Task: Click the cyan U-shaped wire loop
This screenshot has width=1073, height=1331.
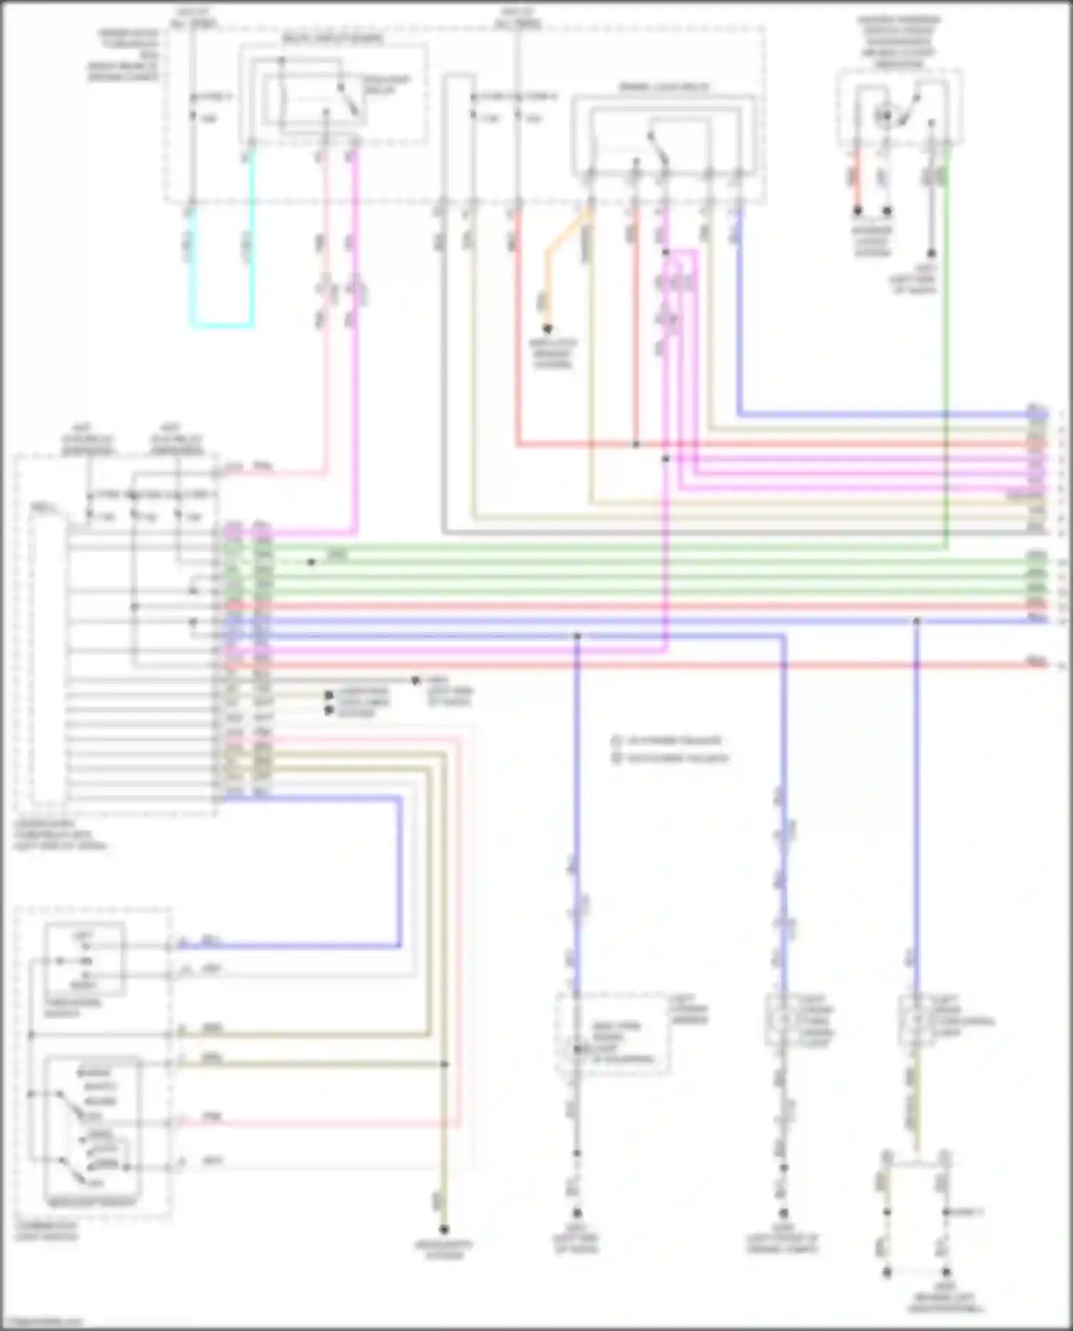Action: click(x=222, y=325)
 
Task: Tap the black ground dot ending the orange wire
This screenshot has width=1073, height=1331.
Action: click(x=547, y=329)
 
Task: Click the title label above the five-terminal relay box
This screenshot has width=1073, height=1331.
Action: click(x=663, y=87)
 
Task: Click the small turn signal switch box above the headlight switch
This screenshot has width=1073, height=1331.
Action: click(x=84, y=959)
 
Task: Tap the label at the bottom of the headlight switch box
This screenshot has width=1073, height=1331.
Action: click(x=91, y=1203)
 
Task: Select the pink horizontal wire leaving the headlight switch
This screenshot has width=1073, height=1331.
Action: click(x=315, y=1124)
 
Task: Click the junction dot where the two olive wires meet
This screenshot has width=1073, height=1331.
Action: click(x=444, y=1064)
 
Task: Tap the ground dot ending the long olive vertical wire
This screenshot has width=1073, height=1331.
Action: click(x=444, y=1230)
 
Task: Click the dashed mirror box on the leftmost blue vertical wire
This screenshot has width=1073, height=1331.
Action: click(x=612, y=1033)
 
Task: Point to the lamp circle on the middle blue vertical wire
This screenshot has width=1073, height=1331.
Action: click(x=783, y=1019)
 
